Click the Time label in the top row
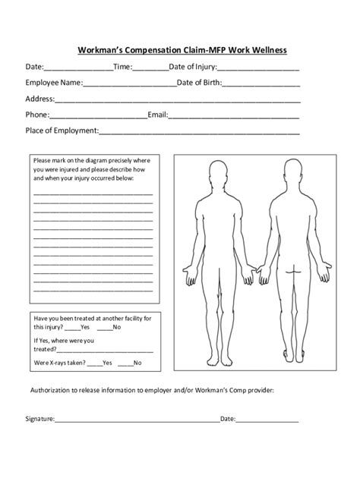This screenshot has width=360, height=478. pyautogui.click(x=122, y=67)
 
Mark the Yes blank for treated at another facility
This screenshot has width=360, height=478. pyautogui.click(x=72, y=329)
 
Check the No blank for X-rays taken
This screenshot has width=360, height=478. pyautogui.click(x=125, y=364)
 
